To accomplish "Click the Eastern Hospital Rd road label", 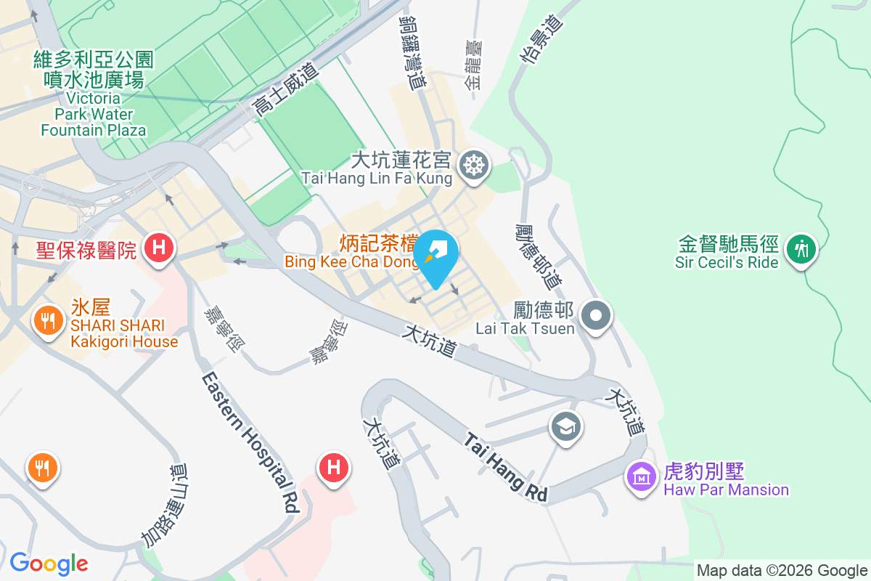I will point(251,443).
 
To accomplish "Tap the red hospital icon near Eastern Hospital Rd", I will point(334,466).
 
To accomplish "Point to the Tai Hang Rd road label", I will point(507,467).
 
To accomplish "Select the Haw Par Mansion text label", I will point(726,481).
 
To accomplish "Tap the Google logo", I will point(49,563).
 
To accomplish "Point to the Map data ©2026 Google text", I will point(782,570).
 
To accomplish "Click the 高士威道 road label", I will point(285,90).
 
